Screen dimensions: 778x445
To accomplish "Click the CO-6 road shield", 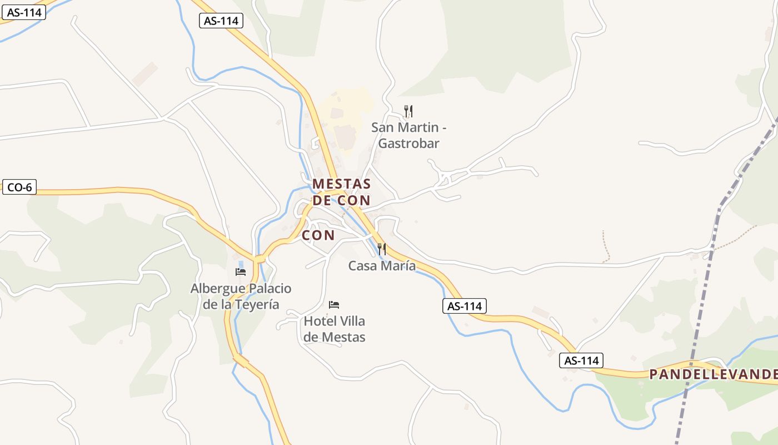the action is (19, 187).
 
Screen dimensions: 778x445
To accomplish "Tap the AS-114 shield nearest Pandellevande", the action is (581, 360).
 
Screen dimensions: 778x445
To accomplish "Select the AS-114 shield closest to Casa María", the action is (465, 305).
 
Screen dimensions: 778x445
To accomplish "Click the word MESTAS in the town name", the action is (341, 184).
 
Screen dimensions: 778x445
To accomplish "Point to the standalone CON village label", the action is (318, 235).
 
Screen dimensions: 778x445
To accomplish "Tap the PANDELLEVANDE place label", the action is (713, 374).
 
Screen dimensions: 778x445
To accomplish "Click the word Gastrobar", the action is (408, 144).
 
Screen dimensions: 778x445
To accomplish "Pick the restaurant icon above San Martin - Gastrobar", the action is (408, 111).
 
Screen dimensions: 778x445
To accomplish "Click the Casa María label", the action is (382, 266).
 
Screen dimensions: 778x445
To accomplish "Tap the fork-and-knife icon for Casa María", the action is (382, 249).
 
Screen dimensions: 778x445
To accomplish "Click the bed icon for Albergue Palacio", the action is (241, 271).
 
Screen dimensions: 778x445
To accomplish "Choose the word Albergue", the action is (215, 289).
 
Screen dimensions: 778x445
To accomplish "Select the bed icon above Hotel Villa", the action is (334, 304).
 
